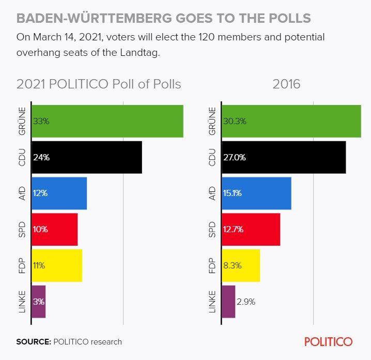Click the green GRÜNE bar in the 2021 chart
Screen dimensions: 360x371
coord(107,122)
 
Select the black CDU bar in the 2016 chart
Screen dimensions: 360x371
coord(284,157)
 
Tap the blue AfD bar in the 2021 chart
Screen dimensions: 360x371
coord(59,193)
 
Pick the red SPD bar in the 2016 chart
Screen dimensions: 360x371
coord(251,229)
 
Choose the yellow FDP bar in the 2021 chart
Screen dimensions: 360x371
coord(57,265)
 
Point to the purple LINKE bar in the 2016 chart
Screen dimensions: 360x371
coord(228,302)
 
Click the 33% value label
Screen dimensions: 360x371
coord(41,122)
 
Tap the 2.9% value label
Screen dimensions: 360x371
coord(246,302)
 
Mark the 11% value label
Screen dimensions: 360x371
coord(39,265)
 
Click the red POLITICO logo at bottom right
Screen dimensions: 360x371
coord(328,342)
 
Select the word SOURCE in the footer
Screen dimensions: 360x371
coord(33,342)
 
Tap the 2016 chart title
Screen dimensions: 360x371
coord(286,84)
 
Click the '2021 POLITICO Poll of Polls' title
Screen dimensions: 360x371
coord(99,84)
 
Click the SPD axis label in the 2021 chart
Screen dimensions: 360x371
coord(23,229)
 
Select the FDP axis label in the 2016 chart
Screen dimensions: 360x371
coord(212,265)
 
